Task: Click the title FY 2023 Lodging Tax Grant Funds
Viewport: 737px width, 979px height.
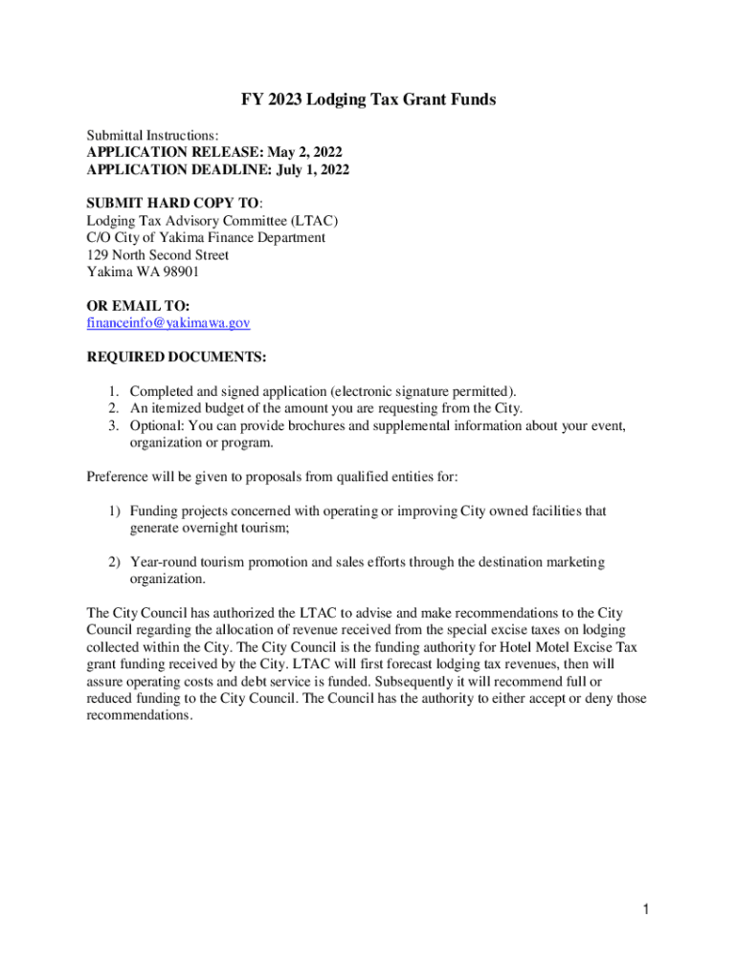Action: pos(368,99)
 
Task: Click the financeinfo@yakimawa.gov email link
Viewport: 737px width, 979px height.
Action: pos(168,323)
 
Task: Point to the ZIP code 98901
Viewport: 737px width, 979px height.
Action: pos(181,272)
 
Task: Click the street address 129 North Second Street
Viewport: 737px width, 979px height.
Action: pos(158,254)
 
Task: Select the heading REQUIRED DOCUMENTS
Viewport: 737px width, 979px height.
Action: pos(177,357)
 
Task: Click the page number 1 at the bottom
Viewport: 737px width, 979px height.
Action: pos(647,909)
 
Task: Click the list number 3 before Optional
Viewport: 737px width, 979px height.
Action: pos(112,425)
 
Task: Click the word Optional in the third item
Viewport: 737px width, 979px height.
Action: pos(156,425)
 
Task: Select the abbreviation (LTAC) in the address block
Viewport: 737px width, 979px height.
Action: pos(310,220)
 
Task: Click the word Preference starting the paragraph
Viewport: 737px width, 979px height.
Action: pos(121,476)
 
